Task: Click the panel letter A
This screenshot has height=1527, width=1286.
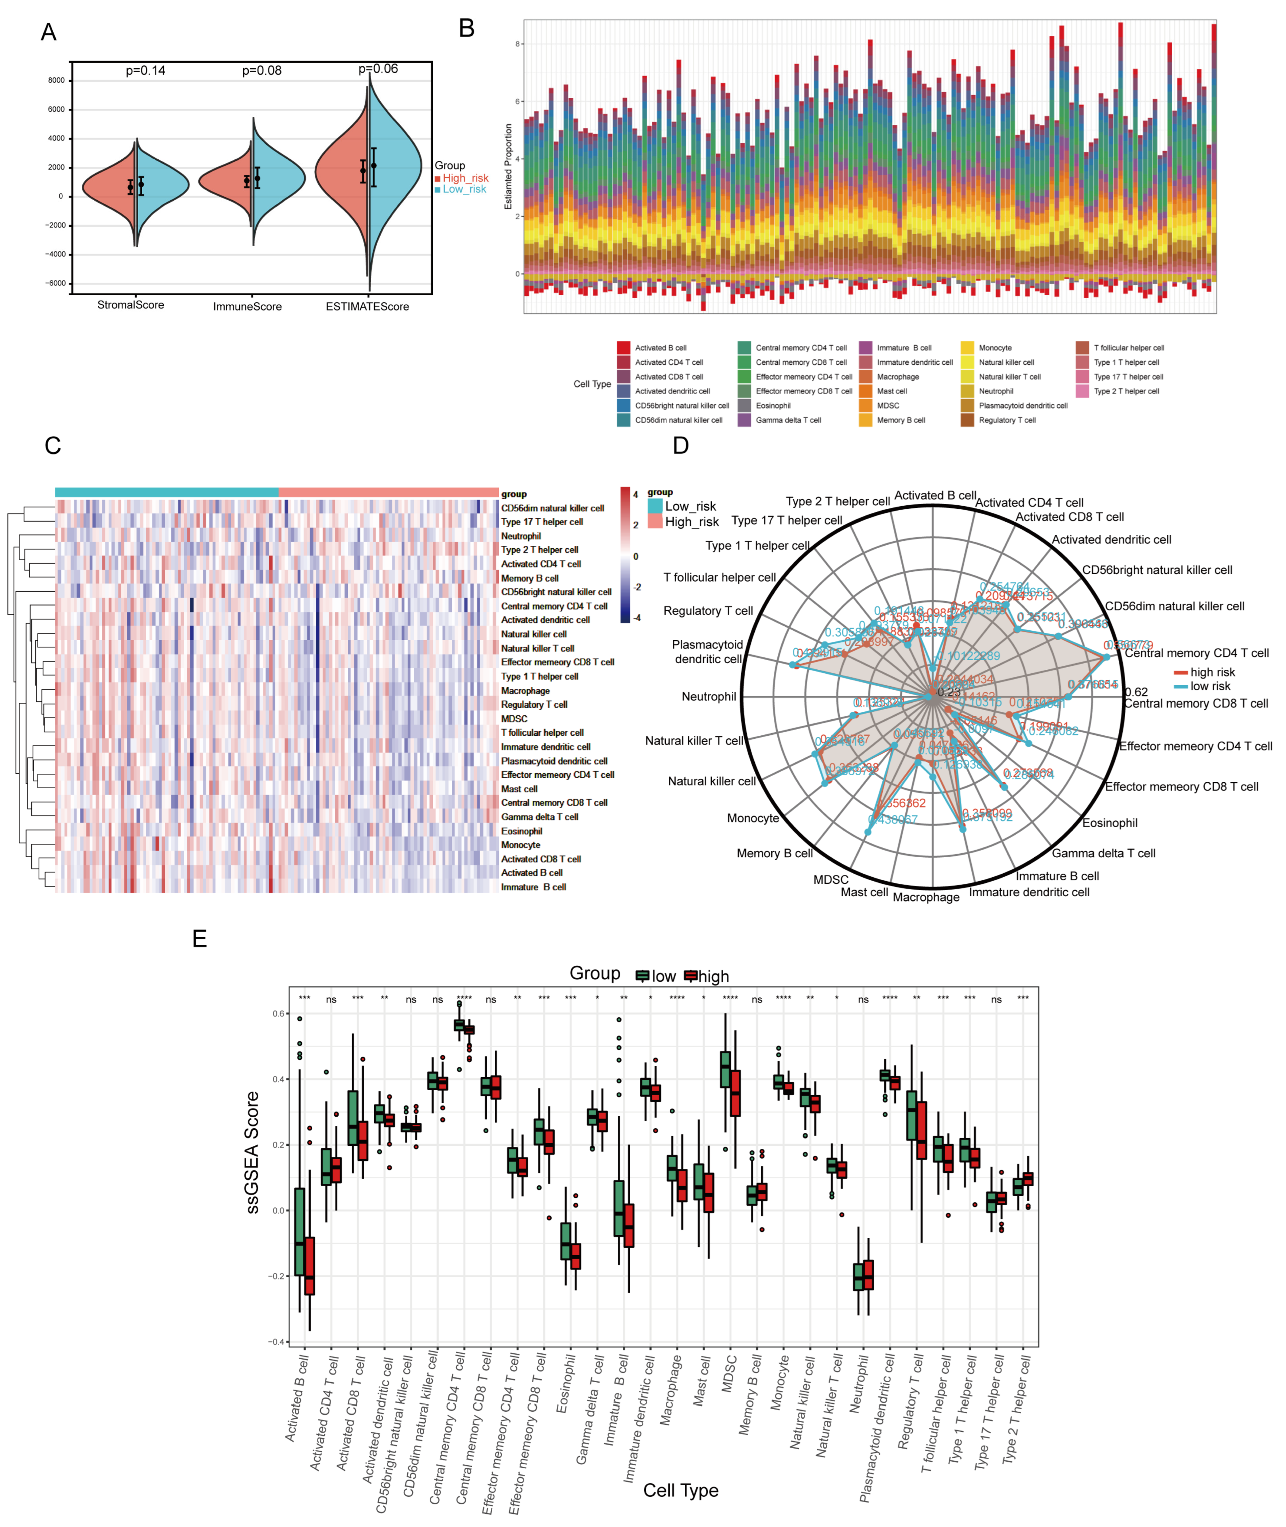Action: point(48,32)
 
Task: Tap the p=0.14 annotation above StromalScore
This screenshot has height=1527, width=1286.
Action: point(145,71)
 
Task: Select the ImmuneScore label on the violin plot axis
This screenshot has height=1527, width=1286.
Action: point(247,306)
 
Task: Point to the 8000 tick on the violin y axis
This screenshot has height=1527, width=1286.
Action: point(56,80)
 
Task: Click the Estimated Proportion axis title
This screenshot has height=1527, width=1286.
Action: point(508,166)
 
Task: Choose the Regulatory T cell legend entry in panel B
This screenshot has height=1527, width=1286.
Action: point(1007,420)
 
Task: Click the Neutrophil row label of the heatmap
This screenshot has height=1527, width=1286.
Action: point(521,536)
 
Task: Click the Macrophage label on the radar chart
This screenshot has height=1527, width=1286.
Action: point(926,897)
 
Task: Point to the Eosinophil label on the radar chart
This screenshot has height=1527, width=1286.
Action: point(1110,823)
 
